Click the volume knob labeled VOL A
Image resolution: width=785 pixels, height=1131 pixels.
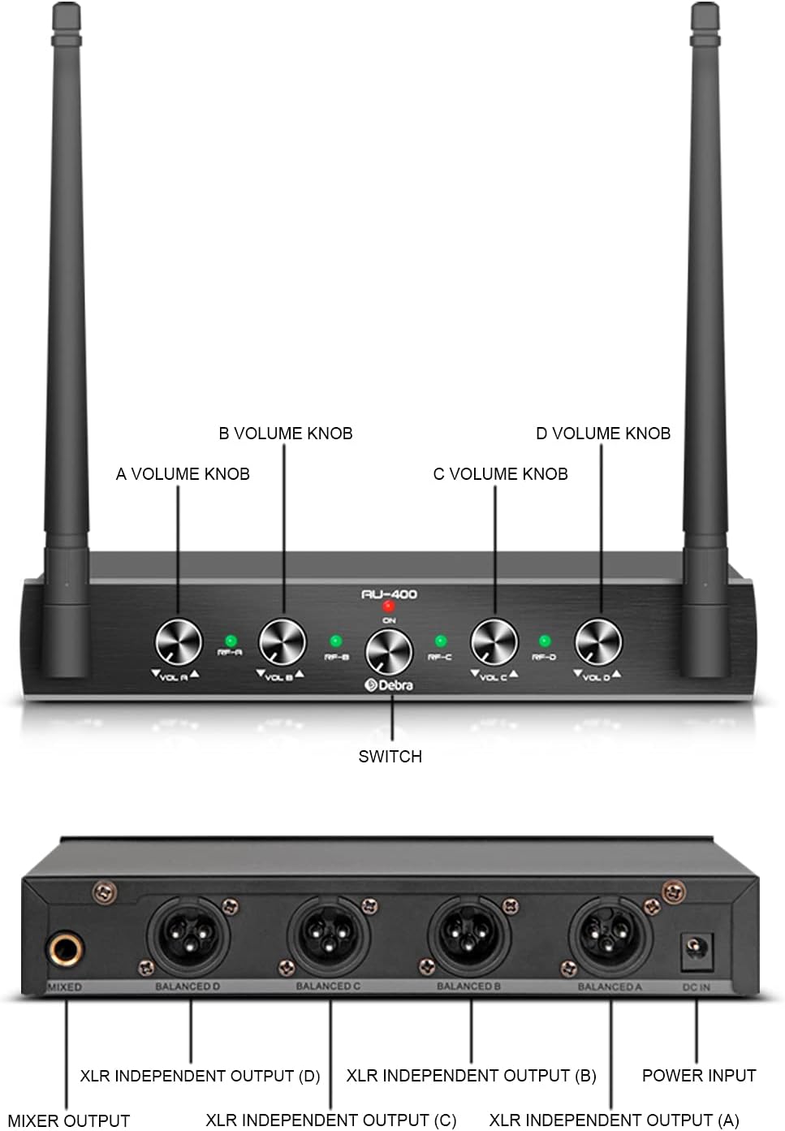tap(179, 641)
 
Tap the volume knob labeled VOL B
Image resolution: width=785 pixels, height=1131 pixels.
tap(283, 641)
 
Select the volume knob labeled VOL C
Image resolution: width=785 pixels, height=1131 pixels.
tap(494, 641)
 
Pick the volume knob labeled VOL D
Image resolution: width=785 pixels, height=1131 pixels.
tap(598, 641)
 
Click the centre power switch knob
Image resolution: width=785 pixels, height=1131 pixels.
tap(389, 652)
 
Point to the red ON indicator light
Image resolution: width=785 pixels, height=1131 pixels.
tap(389, 607)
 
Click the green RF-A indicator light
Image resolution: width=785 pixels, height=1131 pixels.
tap(231, 641)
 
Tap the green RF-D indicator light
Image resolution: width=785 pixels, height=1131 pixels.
tap(545, 641)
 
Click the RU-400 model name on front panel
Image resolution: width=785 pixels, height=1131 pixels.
tap(390, 594)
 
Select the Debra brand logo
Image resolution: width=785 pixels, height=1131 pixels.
tap(390, 685)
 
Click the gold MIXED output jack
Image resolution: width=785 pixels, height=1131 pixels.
tap(65, 948)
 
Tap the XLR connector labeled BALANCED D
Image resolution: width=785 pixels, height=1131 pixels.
tap(188, 935)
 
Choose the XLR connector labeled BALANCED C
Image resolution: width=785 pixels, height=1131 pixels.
tap(328, 935)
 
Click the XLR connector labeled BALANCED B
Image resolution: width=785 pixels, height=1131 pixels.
tap(469, 935)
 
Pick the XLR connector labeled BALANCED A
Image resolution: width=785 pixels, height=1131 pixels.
tap(610, 935)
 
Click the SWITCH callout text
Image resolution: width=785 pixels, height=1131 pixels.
tap(390, 757)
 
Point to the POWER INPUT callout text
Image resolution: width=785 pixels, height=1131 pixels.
tap(699, 1076)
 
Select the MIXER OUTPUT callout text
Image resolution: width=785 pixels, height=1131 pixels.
tap(69, 1121)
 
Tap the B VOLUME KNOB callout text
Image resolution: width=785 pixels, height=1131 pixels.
tap(286, 434)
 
